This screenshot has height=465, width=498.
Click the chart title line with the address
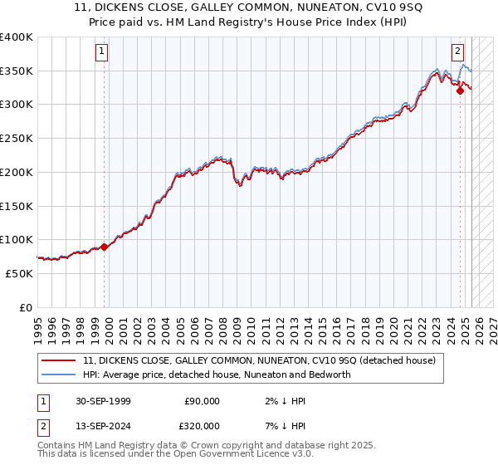[249, 9]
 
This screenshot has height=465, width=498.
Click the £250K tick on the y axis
[17, 139]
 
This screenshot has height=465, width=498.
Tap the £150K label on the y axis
[17, 206]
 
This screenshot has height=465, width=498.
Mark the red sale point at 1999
[105, 247]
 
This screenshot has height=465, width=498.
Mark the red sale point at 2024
[460, 91]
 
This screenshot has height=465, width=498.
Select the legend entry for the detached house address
[264, 360]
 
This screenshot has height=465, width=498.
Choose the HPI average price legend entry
[217, 374]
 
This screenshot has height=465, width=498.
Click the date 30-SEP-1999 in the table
[103, 401]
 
